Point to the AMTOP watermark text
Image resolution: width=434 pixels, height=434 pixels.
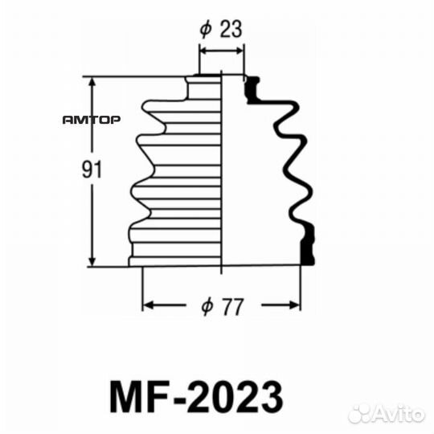92,121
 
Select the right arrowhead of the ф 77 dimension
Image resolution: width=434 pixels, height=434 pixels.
296,305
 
